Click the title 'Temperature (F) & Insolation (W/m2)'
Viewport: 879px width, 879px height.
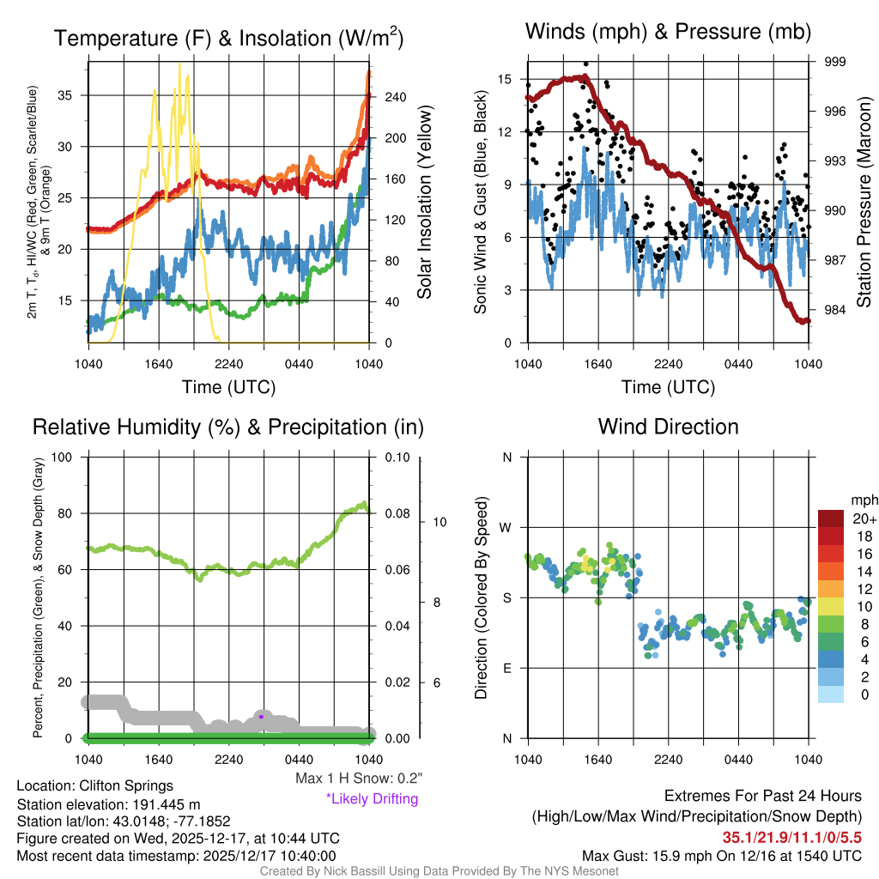(x=228, y=38)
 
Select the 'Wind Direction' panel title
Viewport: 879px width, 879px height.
(x=668, y=427)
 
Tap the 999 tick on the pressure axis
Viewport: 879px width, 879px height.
(x=835, y=62)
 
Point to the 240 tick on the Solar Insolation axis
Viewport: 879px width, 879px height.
(x=395, y=97)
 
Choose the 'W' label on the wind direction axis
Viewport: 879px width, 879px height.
(x=506, y=527)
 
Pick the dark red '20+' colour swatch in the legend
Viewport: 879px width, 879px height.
(x=832, y=519)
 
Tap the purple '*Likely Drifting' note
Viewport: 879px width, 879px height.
(x=372, y=798)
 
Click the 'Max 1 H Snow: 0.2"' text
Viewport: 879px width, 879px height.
(x=358, y=779)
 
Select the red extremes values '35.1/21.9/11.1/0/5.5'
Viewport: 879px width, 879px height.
(x=791, y=837)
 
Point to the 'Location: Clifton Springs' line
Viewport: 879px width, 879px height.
(x=94, y=785)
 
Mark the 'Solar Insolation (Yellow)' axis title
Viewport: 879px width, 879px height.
(x=424, y=203)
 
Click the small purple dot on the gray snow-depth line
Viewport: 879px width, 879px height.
(x=261, y=716)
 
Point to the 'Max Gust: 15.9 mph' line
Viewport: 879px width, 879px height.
(x=721, y=855)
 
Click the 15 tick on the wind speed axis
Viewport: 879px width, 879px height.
(x=505, y=79)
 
